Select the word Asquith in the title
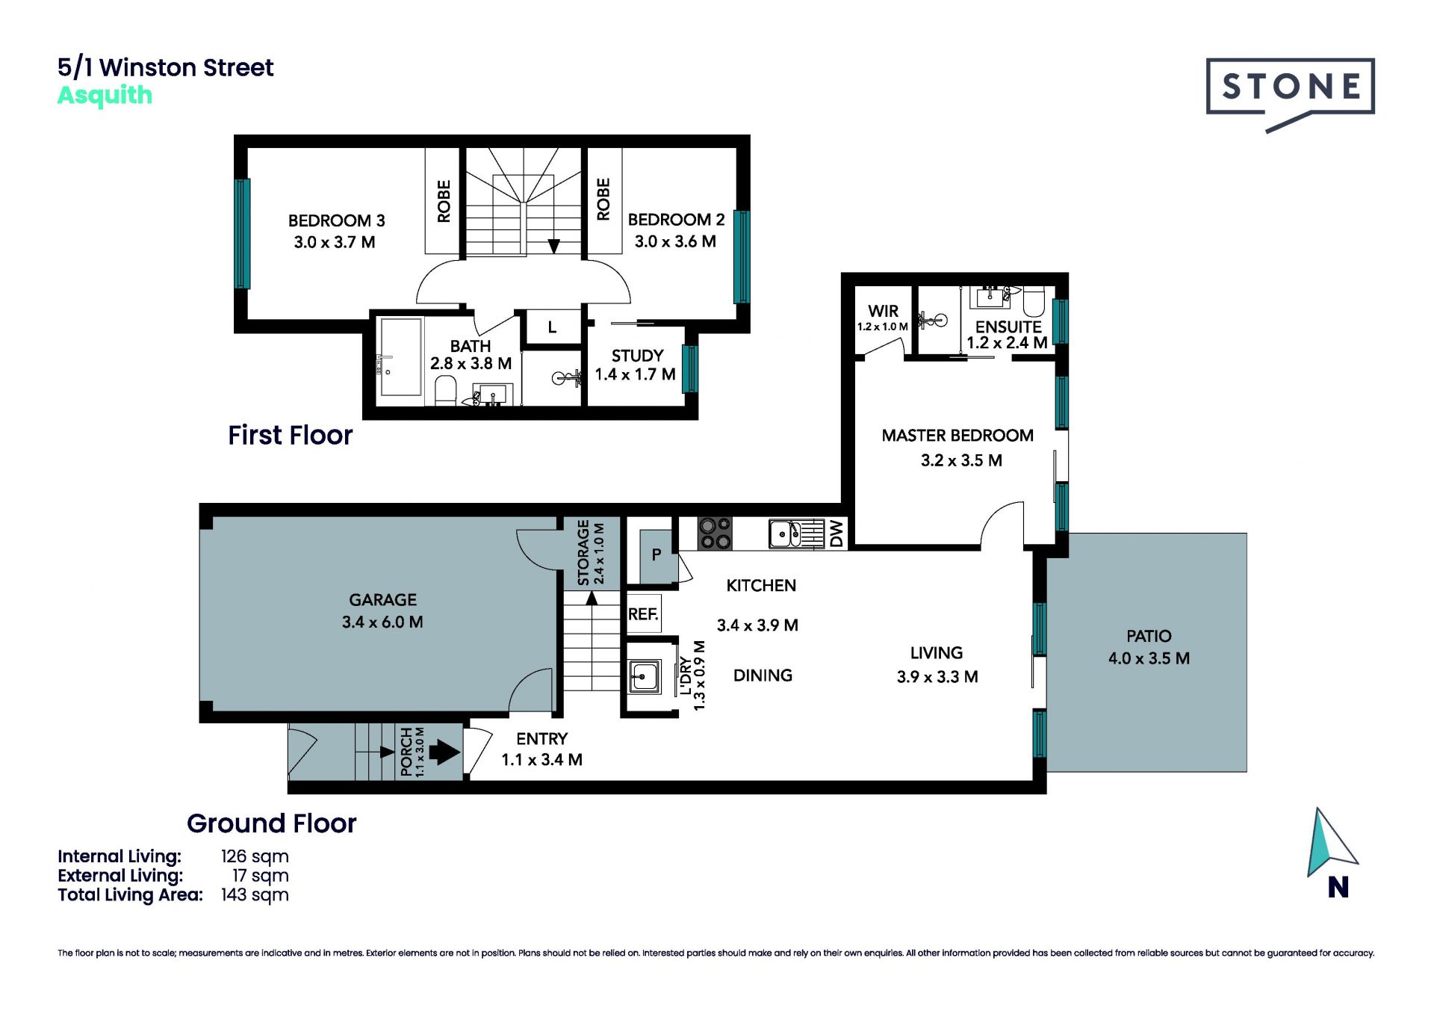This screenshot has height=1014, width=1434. click(x=105, y=96)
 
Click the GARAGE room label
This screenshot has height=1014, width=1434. click(x=382, y=599)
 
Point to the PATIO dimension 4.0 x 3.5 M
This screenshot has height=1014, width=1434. click(x=1149, y=658)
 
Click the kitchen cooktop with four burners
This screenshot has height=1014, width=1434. click(x=714, y=534)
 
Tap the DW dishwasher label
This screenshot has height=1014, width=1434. click(x=836, y=534)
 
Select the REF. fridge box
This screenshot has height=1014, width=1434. click(x=643, y=613)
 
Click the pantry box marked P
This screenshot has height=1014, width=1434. click(x=657, y=555)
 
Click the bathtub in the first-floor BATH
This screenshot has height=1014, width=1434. click(x=400, y=357)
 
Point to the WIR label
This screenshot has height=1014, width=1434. click(x=883, y=311)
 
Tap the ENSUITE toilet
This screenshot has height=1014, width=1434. click(x=1034, y=300)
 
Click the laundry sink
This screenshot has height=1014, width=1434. click(x=643, y=676)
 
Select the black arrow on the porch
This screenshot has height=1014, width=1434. click(x=444, y=752)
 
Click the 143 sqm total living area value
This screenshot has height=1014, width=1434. click(x=255, y=894)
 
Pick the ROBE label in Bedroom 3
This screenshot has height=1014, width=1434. click(x=444, y=201)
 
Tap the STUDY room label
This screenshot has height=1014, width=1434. click(x=637, y=356)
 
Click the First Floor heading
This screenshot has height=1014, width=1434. click(x=290, y=435)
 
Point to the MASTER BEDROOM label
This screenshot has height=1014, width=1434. click(x=957, y=436)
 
